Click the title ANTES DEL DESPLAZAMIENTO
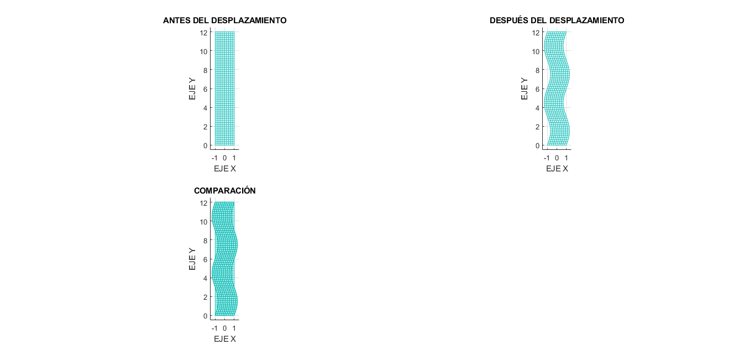[x=224, y=20]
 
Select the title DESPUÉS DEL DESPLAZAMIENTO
[x=557, y=20]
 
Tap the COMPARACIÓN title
[x=224, y=191]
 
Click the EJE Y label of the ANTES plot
[x=192, y=88]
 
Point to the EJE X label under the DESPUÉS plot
[x=557, y=168]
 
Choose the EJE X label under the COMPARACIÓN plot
[x=224, y=338]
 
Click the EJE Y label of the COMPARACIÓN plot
[x=192, y=259]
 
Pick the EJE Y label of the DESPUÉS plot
[x=525, y=88]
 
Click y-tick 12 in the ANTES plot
[x=204, y=33]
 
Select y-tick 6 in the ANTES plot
[x=205, y=89]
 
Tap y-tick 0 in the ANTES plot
[x=205, y=145]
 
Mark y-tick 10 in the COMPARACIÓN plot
[x=204, y=222]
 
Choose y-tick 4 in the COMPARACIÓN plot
[x=205, y=278]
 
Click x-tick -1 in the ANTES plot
[x=214, y=158]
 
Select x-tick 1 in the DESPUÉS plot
[x=566, y=158]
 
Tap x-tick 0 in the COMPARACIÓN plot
[x=224, y=328]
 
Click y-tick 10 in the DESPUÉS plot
[x=536, y=51]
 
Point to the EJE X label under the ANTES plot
[x=224, y=168]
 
